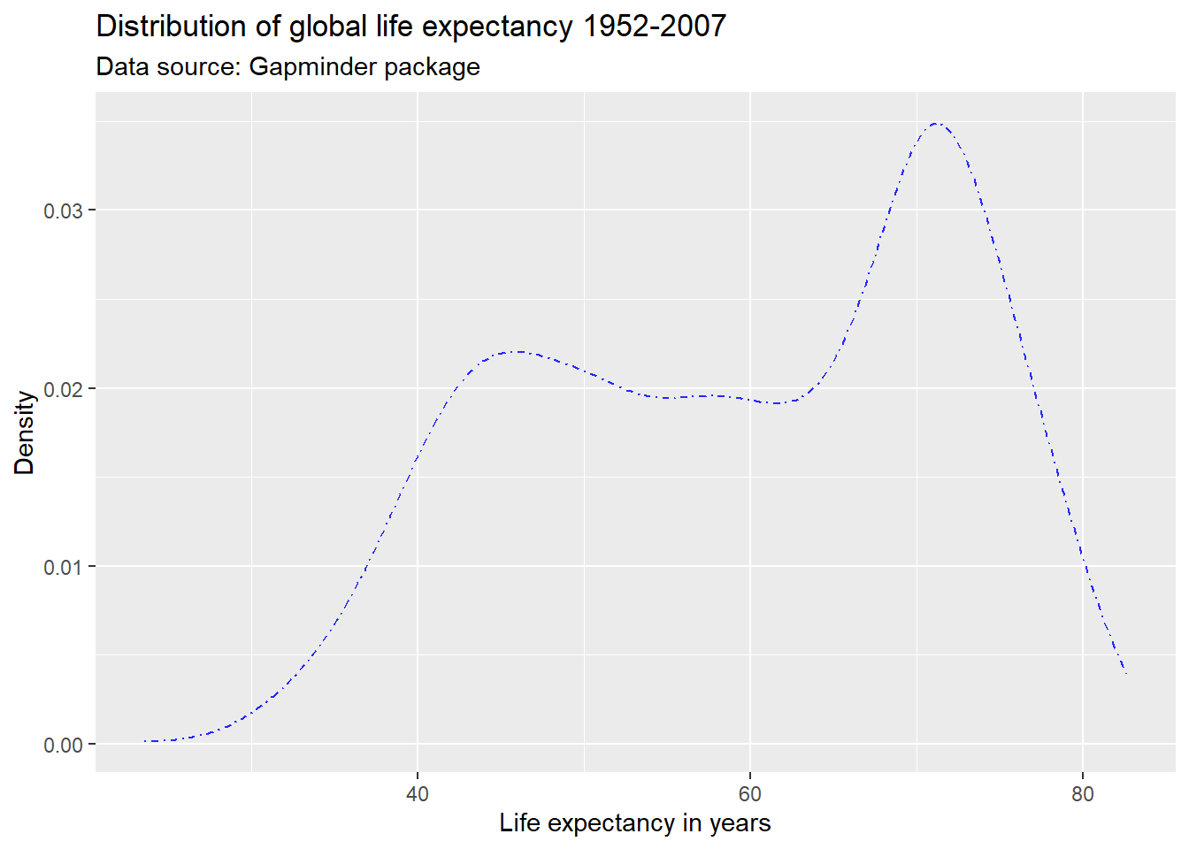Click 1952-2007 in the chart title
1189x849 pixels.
[x=654, y=27]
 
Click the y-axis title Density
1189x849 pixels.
[x=25, y=432]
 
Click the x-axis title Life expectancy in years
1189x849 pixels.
[x=634, y=823]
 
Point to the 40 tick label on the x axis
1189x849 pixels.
[x=418, y=794]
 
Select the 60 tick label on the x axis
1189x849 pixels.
[x=750, y=794]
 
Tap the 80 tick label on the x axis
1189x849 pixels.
[x=1083, y=794]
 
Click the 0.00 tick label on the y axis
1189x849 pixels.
[x=63, y=745]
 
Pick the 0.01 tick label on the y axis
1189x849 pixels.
[x=63, y=567]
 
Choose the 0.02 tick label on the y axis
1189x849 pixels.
[x=63, y=389]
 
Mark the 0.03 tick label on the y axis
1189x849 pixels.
[x=63, y=210]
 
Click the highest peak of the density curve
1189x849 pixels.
[x=937, y=124]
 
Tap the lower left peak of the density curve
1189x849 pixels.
[x=517, y=352]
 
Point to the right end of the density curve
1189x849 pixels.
[x=1126, y=675]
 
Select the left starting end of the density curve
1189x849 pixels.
[x=145, y=741]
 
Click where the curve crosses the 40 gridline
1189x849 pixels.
[x=418, y=457]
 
